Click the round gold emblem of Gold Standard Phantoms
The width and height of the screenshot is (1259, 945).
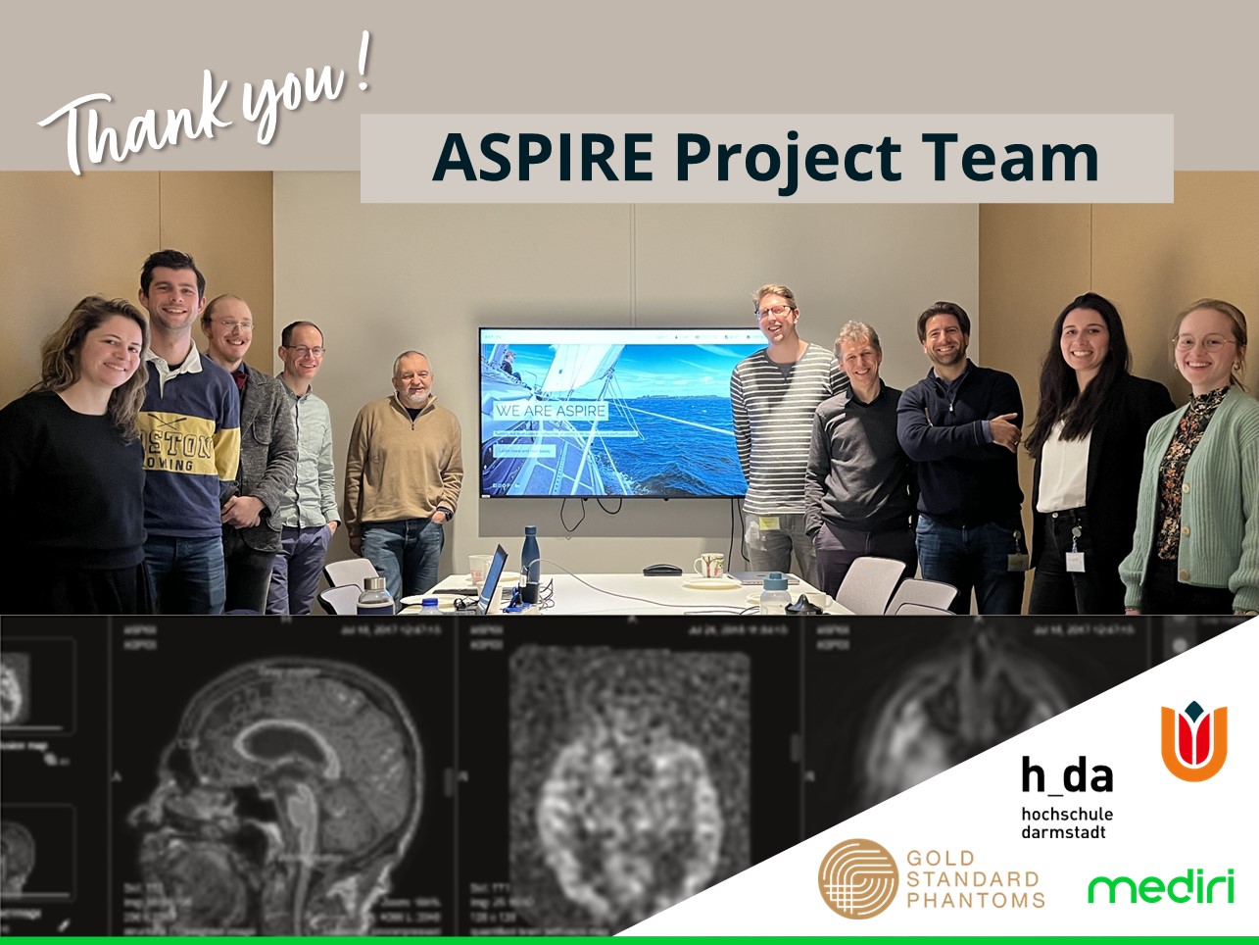[857, 878]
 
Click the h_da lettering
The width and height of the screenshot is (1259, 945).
[1066, 774]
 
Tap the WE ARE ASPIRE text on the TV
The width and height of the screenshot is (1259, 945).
[551, 411]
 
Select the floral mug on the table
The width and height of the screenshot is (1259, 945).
[708, 566]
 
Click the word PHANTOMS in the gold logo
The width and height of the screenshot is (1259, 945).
[975, 897]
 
